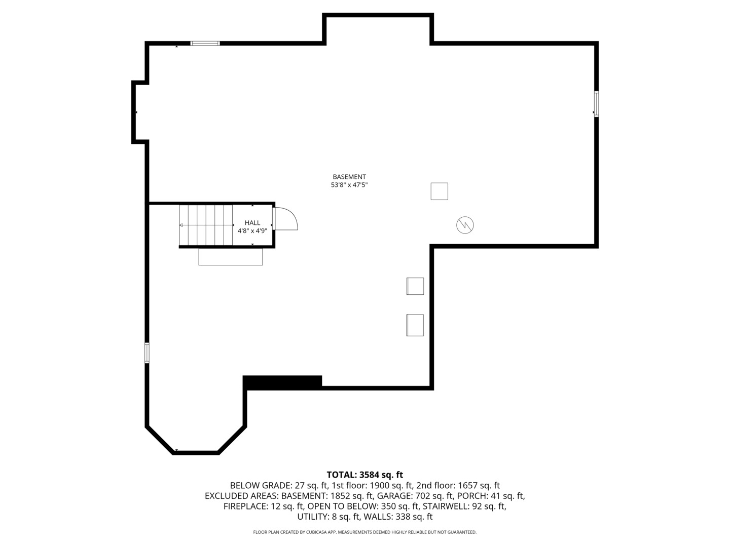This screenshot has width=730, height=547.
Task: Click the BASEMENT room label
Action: point(349,177)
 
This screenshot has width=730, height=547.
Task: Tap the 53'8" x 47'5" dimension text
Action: point(349,185)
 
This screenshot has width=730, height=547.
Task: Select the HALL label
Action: point(252,223)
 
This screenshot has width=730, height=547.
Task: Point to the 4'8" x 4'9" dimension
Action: point(252,231)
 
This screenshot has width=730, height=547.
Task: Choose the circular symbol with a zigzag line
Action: point(465,225)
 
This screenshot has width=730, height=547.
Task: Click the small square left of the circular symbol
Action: point(439,191)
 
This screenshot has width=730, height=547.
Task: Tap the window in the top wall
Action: point(205,44)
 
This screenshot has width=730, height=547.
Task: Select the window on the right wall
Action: point(596,104)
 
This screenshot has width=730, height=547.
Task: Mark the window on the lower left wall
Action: point(147,353)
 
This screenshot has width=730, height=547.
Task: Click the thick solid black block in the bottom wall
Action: point(282,382)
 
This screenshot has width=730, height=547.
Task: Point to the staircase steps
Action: point(206,225)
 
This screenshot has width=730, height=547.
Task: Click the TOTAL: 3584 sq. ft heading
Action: point(364,475)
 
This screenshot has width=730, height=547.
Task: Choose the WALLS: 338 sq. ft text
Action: point(398,517)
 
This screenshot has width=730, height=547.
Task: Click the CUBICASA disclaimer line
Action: point(364,532)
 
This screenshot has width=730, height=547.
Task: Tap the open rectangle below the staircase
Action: point(231,257)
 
